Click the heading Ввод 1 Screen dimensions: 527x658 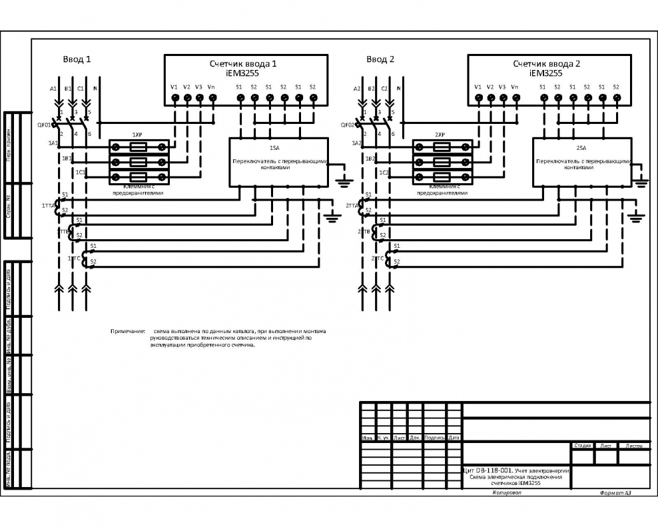(x=77, y=59)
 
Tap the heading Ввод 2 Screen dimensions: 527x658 (x=380, y=59)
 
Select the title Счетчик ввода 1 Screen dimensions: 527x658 (x=243, y=64)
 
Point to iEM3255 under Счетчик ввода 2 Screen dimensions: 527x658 (x=546, y=73)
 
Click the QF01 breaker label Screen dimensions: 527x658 (x=44, y=125)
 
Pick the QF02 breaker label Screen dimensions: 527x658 (x=348, y=125)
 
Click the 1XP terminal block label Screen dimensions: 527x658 (x=138, y=135)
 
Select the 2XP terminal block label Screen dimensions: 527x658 (x=440, y=135)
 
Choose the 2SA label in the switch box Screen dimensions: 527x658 (x=581, y=148)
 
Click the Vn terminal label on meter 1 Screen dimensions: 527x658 (x=212, y=87)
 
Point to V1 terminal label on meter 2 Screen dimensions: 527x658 (x=478, y=87)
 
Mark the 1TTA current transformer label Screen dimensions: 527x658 (x=48, y=206)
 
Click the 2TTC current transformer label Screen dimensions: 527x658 (x=378, y=258)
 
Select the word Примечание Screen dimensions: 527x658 (x=128, y=331)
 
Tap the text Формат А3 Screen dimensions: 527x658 (x=615, y=493)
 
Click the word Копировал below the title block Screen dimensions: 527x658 (x=507, y=493)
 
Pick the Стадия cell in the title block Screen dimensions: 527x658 (x=582, y=445)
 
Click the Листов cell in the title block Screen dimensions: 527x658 (x=633, y=445)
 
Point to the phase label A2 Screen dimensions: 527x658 (x=358, y=89)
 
